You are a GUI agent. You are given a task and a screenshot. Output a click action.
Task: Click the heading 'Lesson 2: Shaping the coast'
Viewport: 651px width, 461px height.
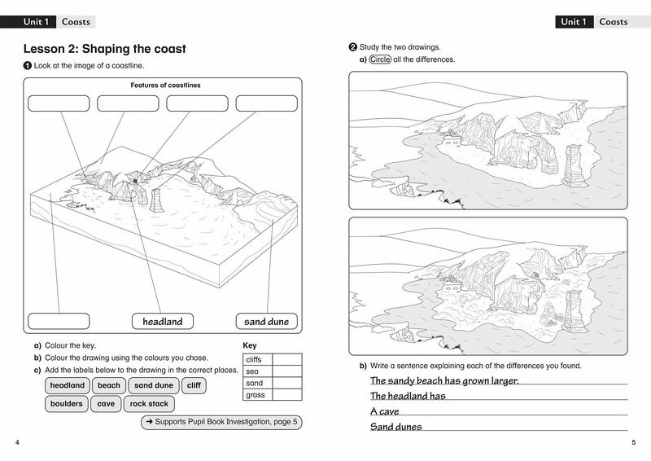[104, 50]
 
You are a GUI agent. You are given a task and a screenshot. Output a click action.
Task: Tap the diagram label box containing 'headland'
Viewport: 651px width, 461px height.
[163, 321]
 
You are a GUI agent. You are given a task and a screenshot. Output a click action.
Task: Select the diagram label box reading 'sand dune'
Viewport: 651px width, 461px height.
[266, 321]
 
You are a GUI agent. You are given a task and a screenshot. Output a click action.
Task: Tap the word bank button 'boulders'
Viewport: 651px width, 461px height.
[67, 404]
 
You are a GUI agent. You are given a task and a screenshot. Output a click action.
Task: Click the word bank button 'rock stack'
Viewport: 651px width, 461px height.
[149, 404]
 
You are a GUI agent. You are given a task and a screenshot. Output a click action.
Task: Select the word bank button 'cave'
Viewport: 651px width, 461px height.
[106, 404]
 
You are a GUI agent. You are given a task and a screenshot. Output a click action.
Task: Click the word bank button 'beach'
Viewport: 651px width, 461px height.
[108, 385]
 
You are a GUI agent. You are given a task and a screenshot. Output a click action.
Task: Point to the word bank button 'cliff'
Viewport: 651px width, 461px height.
[193, 385]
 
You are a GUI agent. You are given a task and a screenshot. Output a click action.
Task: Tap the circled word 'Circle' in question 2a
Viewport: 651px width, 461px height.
[380, 59]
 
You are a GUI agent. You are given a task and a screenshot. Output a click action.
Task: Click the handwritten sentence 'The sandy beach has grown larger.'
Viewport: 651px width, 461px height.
[444, 380]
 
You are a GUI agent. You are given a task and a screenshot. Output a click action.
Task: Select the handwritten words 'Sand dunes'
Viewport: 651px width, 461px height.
[396, 427]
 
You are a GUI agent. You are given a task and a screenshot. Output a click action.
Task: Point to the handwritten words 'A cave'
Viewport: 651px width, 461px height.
[384, 411]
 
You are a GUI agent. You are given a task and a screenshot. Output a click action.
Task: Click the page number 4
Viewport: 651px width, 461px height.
[18, 442]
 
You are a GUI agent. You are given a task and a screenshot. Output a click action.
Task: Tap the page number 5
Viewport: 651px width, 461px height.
[633, 442]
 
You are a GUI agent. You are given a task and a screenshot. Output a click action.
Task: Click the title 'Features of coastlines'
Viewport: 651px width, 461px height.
[165, 86]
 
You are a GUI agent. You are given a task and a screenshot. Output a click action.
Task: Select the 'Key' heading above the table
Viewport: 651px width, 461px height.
[250, 345]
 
